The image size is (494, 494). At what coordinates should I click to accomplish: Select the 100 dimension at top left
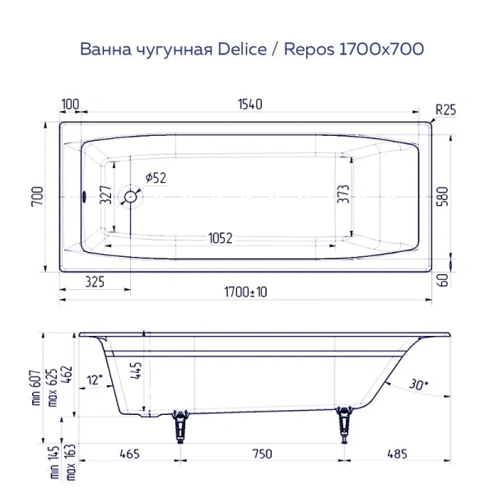[x=70, y=104]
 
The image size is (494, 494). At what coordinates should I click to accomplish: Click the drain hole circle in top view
[x=130, y=197]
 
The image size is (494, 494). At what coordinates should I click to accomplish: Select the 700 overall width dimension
[x=36, y=197]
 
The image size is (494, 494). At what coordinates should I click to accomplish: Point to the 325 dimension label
[x=95, y=282]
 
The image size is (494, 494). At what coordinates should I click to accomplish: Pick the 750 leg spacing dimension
[x=261, y=454]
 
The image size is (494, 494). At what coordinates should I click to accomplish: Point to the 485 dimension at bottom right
[x=399, y=454]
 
